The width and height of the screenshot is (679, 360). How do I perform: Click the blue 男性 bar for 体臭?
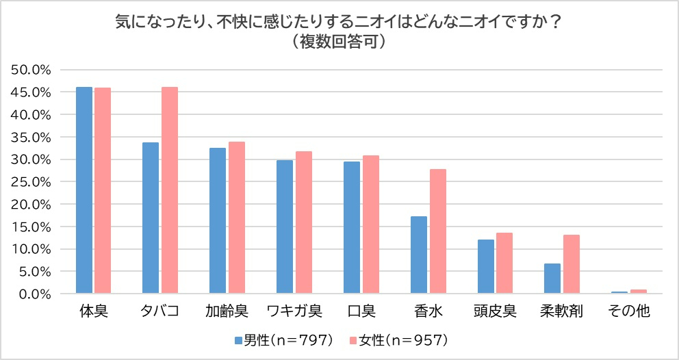click(84, 190)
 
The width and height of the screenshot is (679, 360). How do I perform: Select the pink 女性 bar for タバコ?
click(169, 190)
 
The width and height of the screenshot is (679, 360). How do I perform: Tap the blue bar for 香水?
click(419, 255)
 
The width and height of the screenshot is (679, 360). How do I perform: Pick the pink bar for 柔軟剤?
click(571, 264)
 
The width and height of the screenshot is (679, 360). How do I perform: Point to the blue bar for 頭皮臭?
click(486, 266)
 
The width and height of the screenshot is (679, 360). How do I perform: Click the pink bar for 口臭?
click(371, 224)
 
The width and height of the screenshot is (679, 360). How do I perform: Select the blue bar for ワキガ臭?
click(285, 227)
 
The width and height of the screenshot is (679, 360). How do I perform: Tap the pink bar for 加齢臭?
click(236, 218)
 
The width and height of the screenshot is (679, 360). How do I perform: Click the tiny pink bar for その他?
click(639, 292)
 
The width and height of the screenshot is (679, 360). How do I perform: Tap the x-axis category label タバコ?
click(159, 311)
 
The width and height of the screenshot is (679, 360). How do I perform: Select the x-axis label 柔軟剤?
click(561, 311)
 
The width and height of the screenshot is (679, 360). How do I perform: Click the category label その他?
click(629, 311)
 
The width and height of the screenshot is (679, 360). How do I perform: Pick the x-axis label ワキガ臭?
click(294, 311)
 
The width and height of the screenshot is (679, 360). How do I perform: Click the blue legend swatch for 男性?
click(239, 341)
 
